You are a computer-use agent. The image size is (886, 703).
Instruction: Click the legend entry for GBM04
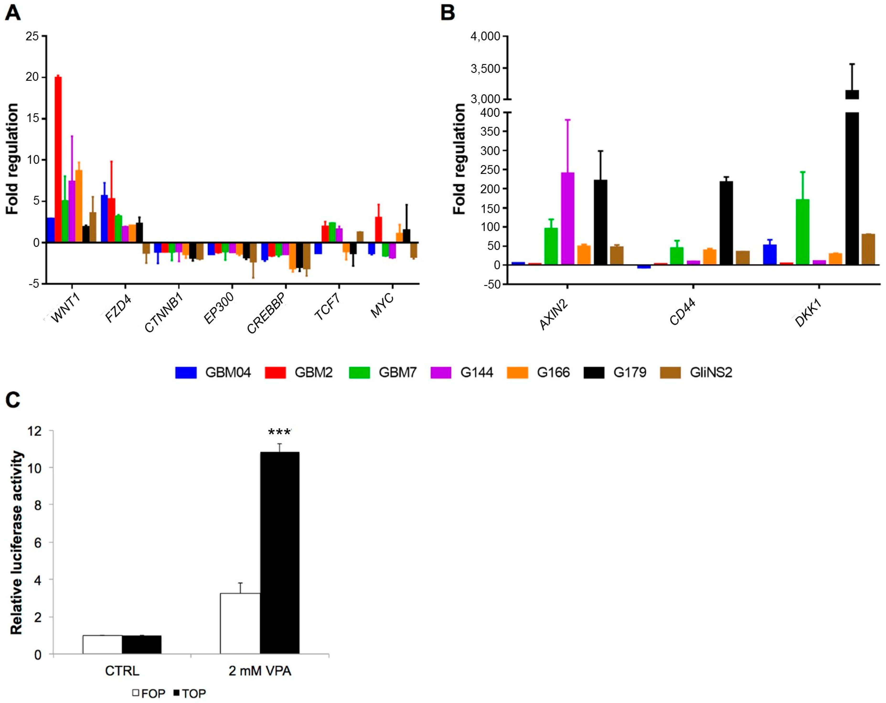tap(213, 372)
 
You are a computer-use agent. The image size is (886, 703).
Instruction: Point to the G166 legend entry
tap(538, 372)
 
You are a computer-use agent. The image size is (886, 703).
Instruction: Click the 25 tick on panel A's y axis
tap(32, 37)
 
